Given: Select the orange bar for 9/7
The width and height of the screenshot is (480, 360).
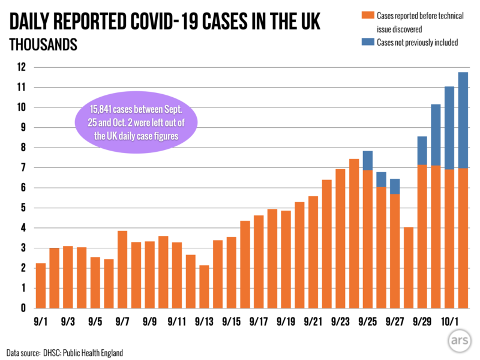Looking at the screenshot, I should pyautogui.click(x=122, y=269).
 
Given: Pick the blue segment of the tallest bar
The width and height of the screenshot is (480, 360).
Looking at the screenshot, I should pyautogui.click(x=463, y=120).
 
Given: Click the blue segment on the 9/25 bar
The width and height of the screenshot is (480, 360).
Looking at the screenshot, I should pyautogui.click(x=368, y=160).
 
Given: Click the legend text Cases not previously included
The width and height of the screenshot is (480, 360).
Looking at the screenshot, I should pyautogui.click(x=418, y=42).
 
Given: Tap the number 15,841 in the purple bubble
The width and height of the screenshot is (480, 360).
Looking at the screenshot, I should pyautogui.click(x=104, y=110).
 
